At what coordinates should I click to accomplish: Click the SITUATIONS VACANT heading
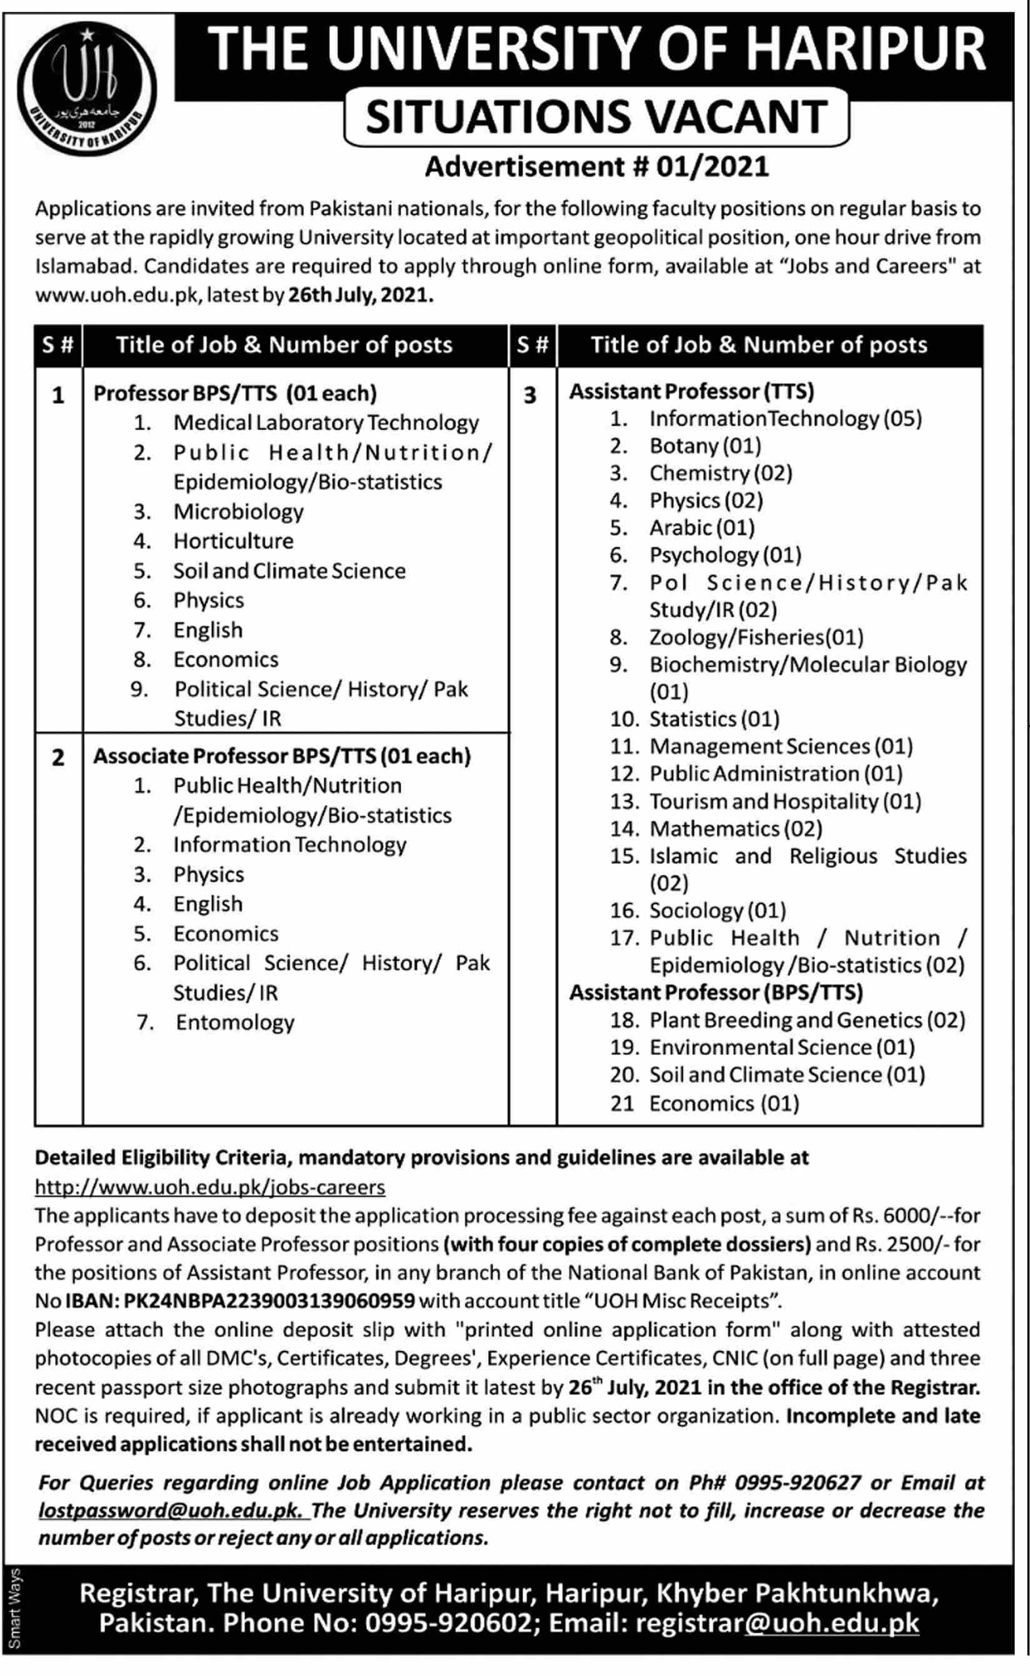597,116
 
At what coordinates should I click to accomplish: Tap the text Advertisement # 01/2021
597,167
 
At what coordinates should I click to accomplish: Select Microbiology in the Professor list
237,511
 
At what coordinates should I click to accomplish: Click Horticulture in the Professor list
233,541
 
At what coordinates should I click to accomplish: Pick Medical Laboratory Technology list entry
326,423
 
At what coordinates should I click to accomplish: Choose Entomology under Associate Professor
235,1023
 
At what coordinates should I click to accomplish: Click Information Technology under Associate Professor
289,845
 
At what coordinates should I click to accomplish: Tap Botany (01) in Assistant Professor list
705,446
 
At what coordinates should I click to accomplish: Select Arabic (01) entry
702,528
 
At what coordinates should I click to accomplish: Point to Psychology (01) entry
725,555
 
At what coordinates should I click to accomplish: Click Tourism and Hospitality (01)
785,801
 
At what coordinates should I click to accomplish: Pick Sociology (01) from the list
717,911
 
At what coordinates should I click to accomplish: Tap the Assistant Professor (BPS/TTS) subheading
716,993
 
